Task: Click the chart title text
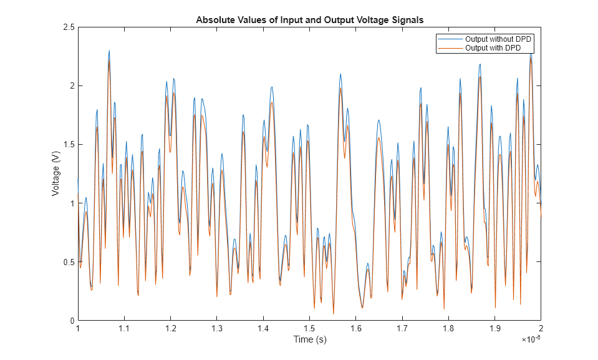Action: tap(310, 19)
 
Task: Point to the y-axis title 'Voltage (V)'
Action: tap(56, 174)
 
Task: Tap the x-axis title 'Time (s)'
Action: tap(310, 339)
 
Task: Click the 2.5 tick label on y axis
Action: tap(68, 27)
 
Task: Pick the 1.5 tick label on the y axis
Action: tap(68, 145)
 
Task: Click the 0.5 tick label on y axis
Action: tap(68, 262)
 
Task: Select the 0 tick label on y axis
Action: tap(72, 321)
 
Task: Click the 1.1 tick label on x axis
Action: tap(124, 328)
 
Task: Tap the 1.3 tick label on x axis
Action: tap(216, 328)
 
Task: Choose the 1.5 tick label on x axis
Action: tap(309, 328)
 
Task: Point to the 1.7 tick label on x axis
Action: tap(402, 328)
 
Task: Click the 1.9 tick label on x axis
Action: tap(494, 328)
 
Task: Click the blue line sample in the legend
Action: tap(451, 39)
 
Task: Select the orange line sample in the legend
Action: tap(451, 48)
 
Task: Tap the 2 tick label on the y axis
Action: tap(72, 86)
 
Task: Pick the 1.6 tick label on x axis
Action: tap(355, 328)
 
